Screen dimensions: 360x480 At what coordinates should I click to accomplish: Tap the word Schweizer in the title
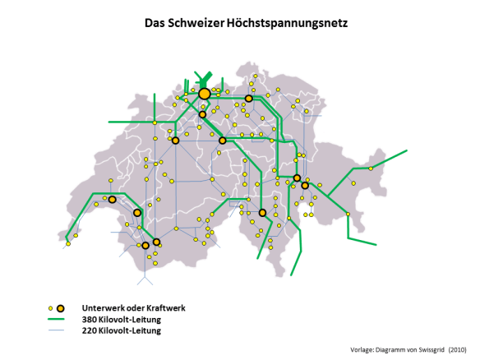point(200,25)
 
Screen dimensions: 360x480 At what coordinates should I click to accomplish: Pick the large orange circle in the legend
point(62,307)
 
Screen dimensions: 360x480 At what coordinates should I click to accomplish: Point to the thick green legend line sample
point(56,320)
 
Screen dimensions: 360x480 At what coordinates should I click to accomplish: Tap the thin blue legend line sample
point(56,331)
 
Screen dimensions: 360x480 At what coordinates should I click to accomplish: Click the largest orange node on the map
point(205,94)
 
